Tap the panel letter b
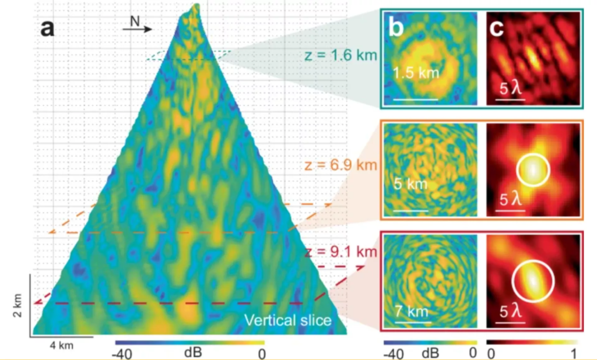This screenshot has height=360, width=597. point(396,29)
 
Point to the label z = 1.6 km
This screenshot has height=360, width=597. point(338,57)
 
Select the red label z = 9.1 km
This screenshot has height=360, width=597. point(338,252)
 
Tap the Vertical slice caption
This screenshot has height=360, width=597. point(288,320)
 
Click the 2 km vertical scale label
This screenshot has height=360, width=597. point(16,303)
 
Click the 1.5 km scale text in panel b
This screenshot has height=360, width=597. point(415,74)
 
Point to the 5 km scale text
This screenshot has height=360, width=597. point(411,185)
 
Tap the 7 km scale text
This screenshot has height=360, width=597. point(413,310)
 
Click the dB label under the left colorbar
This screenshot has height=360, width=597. point(191,354)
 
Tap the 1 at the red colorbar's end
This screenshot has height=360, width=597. point(574,354)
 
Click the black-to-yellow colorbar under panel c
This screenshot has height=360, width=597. point(532,341)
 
